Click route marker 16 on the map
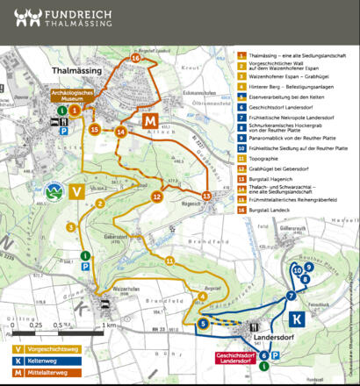tap(135, 57)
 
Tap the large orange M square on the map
tap(150, 120)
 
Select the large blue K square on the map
tap(297, 318)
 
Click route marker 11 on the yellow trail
tap(169, 261)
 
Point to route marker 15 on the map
tap(95, 130)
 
